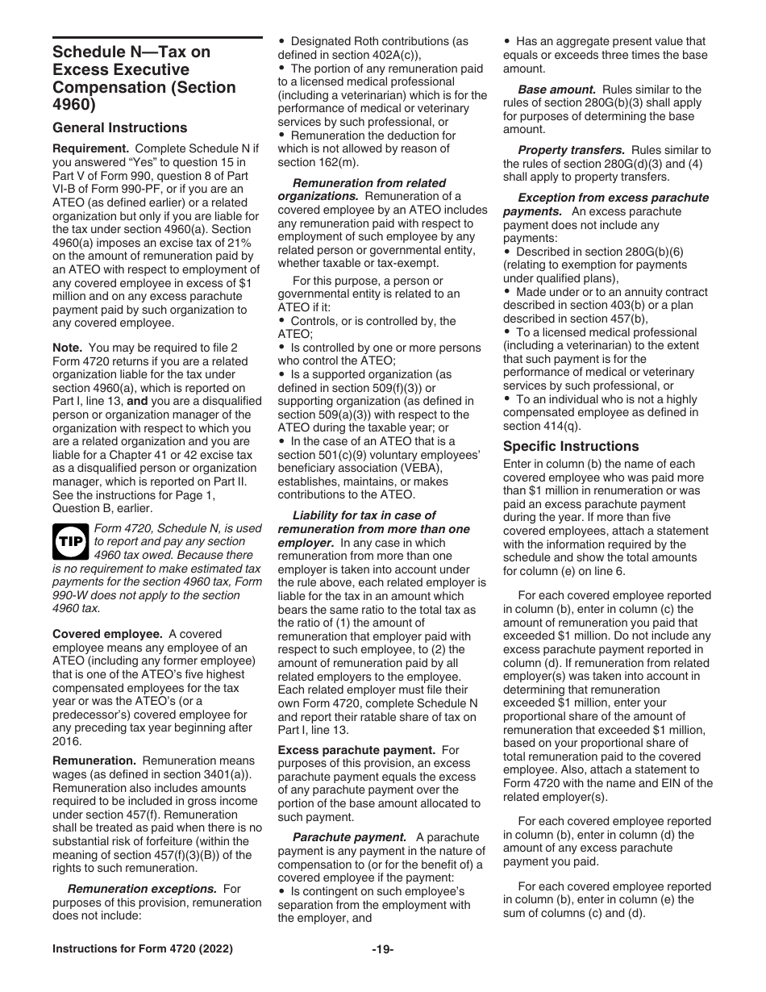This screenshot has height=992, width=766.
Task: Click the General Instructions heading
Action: (119, 127)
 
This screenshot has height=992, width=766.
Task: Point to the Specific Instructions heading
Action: (571, 446)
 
